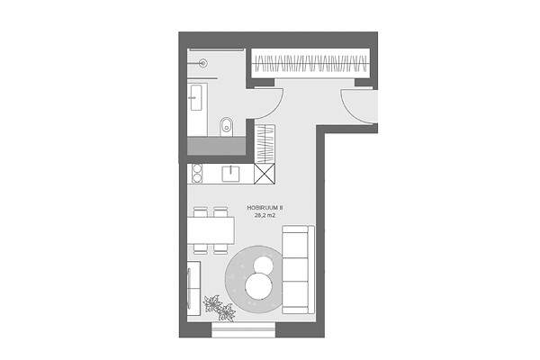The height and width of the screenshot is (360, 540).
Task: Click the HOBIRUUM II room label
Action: tap(265, 208)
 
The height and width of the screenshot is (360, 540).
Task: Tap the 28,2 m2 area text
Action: tap(265, 216)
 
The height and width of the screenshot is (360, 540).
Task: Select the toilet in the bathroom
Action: tap(226, 126)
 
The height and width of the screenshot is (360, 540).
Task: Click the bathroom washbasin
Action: tap(196, 98)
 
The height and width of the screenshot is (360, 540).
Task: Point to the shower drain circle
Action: tap(204, 63)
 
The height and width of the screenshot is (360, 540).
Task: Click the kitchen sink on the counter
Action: tap(230, 174)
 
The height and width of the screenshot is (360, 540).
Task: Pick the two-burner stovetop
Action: tap(196, 174)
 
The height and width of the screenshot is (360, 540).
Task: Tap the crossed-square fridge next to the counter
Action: tap(265, 174)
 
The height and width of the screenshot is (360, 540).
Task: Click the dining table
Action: tap(211, 229)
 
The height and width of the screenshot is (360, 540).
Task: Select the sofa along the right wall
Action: tap(298, 269)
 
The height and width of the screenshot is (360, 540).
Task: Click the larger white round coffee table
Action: tap(258, 286)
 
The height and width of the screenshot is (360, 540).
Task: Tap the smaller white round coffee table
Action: tap(264, 265)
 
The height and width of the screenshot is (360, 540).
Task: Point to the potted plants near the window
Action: tap(219, 308)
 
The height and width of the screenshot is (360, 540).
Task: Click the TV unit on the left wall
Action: tap(193, 288)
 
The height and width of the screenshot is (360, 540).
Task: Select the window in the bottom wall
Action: tap(244, 329)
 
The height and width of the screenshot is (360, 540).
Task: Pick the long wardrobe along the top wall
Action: tap(310, 63)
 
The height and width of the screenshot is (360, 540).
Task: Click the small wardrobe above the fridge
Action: tap(265, 144)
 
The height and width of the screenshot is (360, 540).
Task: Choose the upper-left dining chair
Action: tap(201, 211)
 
